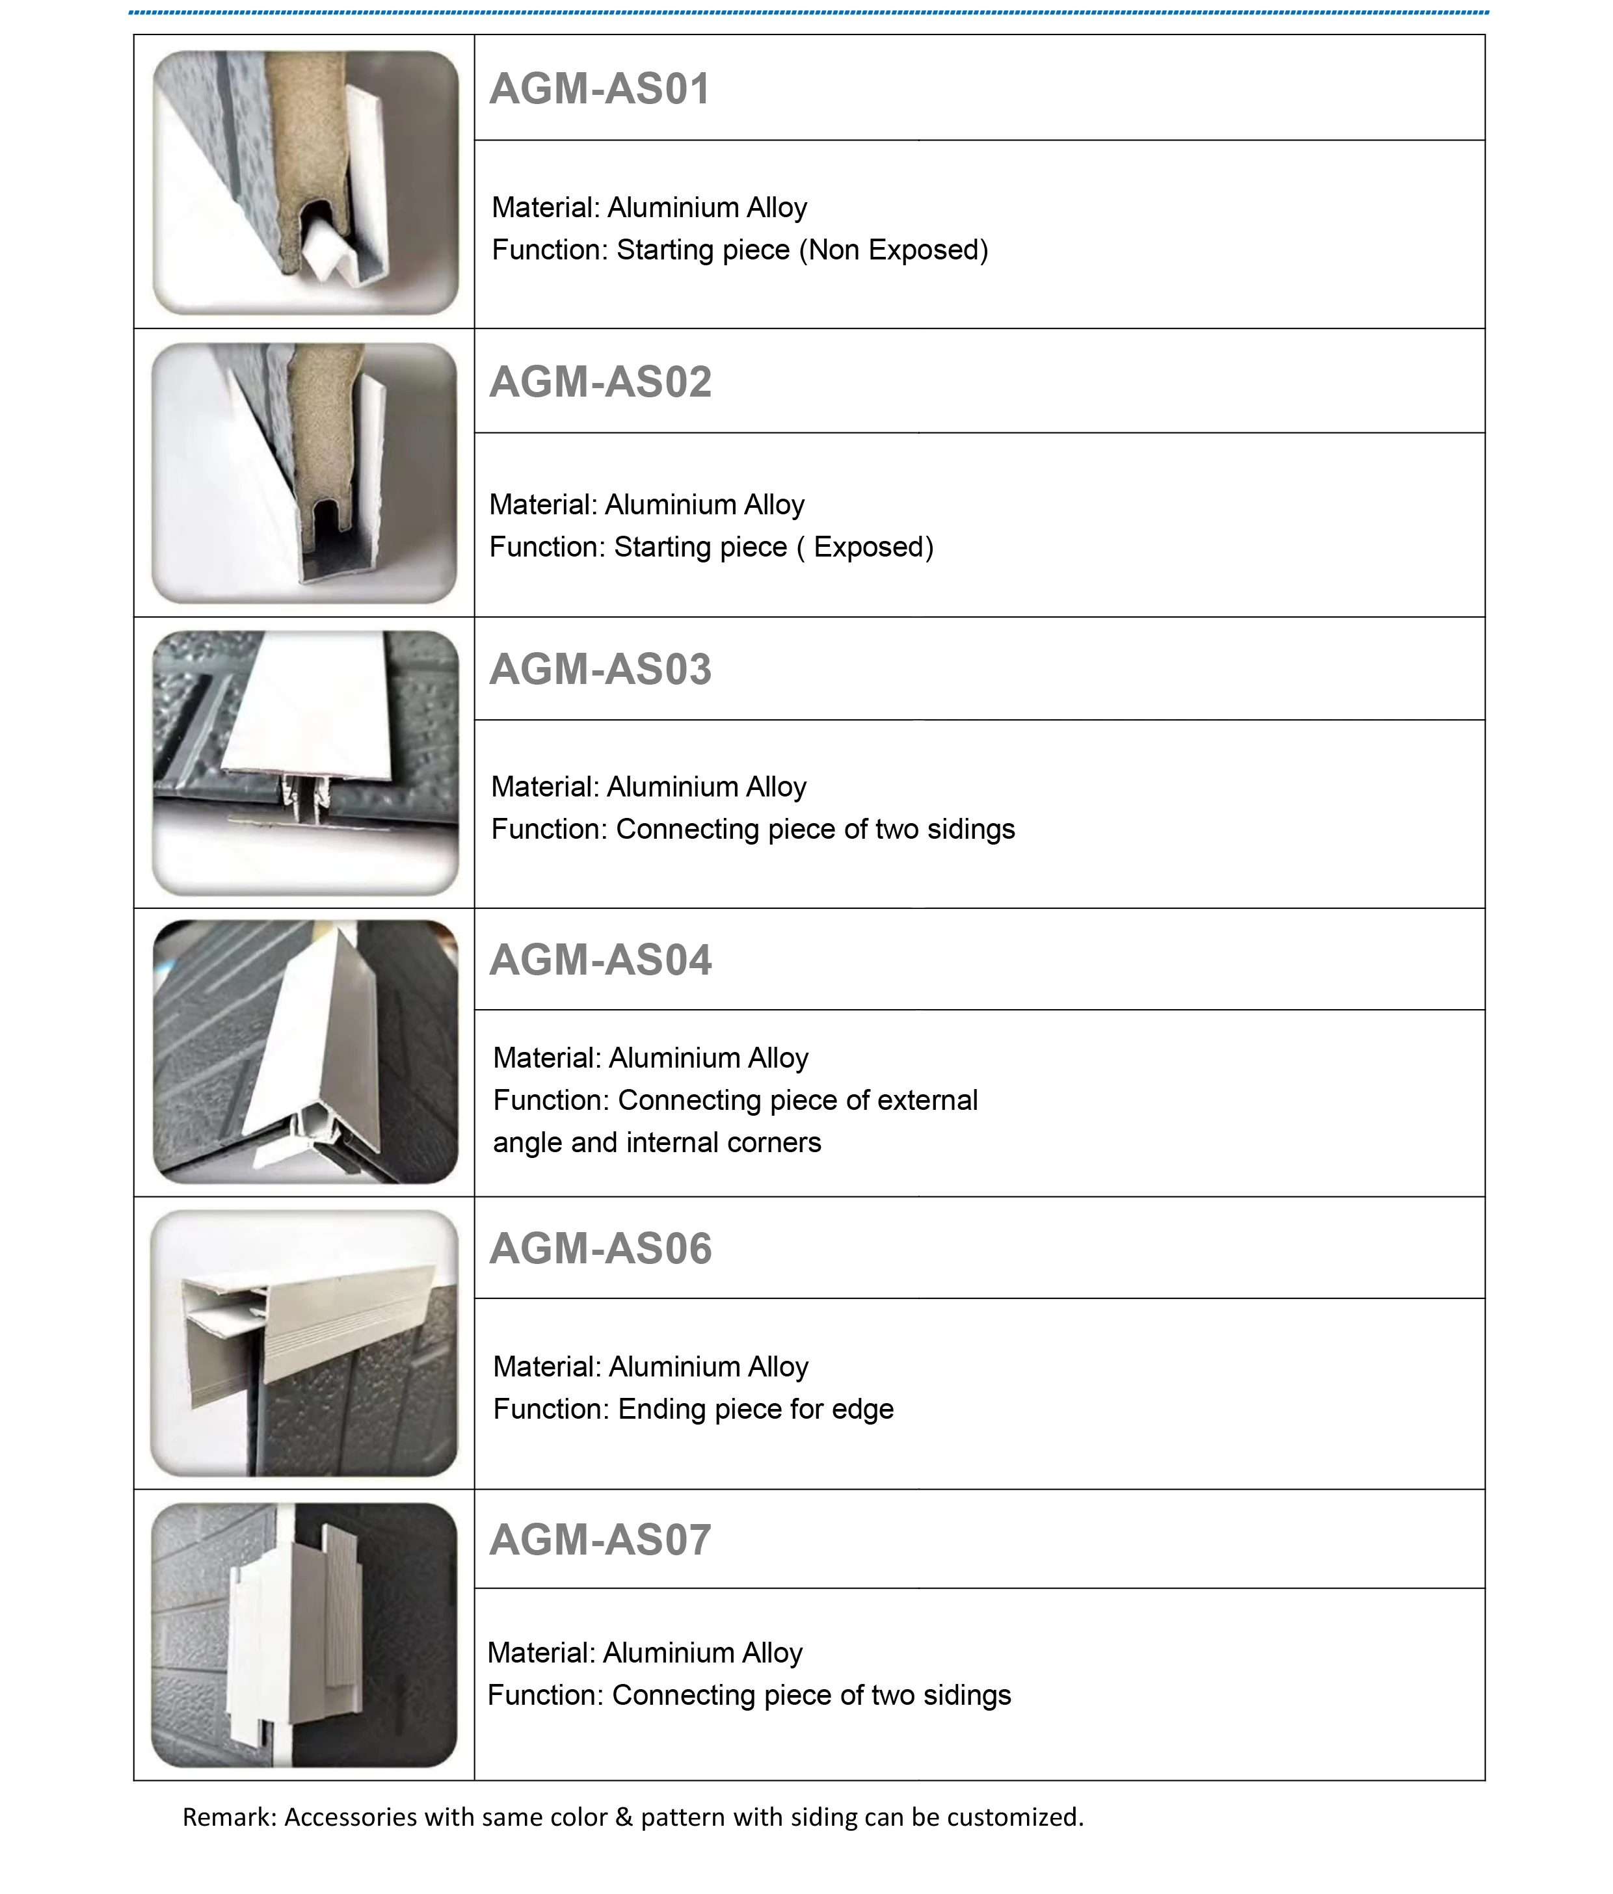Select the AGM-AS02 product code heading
point(600,382)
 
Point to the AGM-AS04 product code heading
point(600,960)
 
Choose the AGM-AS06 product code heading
point(600,1248)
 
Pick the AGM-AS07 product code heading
point(600,1540)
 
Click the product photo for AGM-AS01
point(306,183)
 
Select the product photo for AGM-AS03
point(306,763)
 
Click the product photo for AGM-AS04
point(306,1051)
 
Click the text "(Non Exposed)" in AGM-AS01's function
point(894,250)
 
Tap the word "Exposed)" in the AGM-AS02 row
point(873,547)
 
